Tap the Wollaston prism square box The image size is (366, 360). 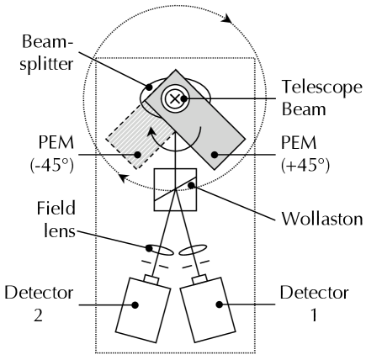click(175, 189)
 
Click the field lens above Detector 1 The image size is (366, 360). click(193, 250)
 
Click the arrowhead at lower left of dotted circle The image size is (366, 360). click(124, 177)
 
